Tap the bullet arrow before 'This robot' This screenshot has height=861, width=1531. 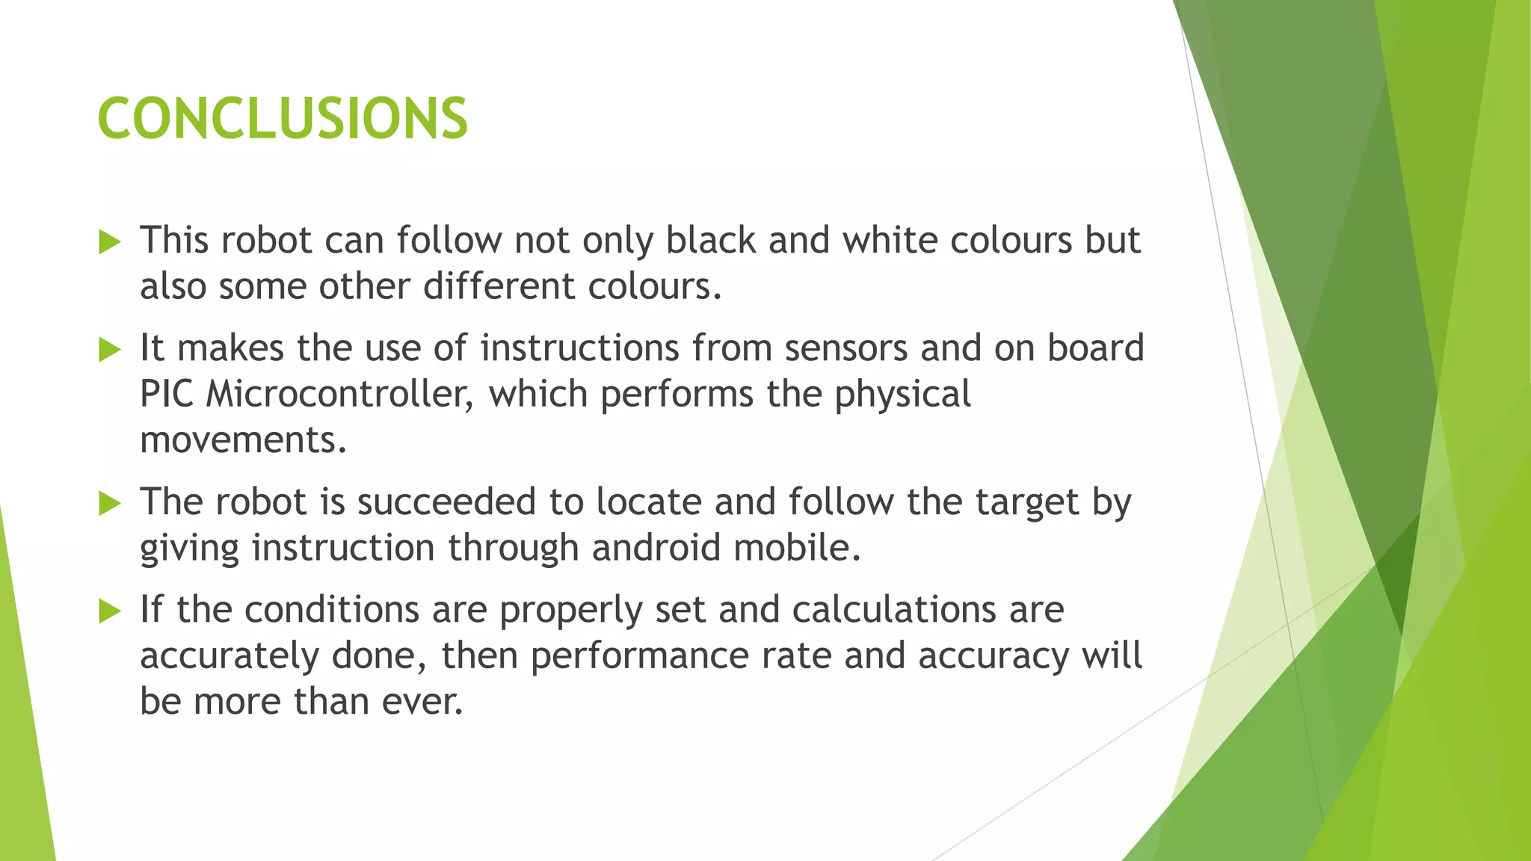109,242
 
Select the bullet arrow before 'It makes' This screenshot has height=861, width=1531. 109,350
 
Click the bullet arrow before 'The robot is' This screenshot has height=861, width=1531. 109,504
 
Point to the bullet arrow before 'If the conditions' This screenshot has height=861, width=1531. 109,612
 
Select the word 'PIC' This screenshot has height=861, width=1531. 167,395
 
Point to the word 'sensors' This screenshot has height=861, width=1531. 846,348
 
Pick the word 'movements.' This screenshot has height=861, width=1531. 244,440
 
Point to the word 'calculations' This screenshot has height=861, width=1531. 894,610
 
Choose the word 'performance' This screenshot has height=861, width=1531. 639,656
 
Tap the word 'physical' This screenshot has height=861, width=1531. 902,395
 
